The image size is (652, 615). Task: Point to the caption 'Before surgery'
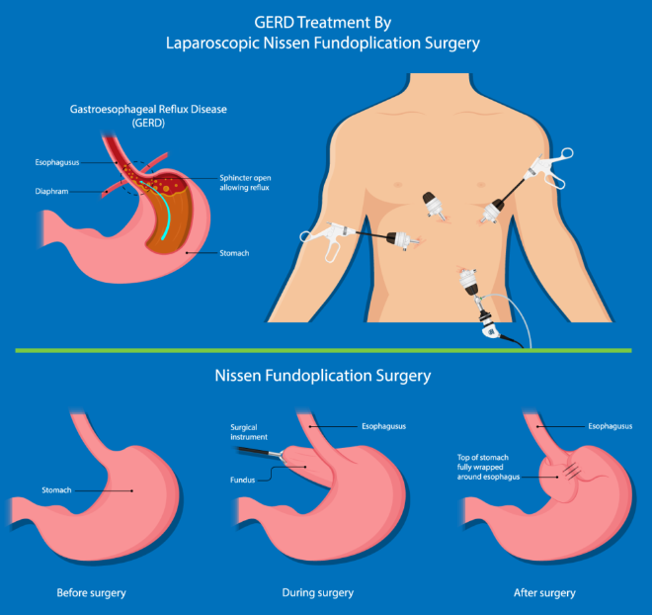pos(94,593)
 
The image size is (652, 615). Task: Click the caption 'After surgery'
pos(544,593)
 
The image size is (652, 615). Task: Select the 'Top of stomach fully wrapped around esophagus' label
pos(491,467)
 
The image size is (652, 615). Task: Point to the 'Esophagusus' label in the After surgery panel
pos(609,426)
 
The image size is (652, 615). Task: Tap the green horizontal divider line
pos(326,350)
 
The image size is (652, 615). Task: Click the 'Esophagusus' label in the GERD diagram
pos(60,159)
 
